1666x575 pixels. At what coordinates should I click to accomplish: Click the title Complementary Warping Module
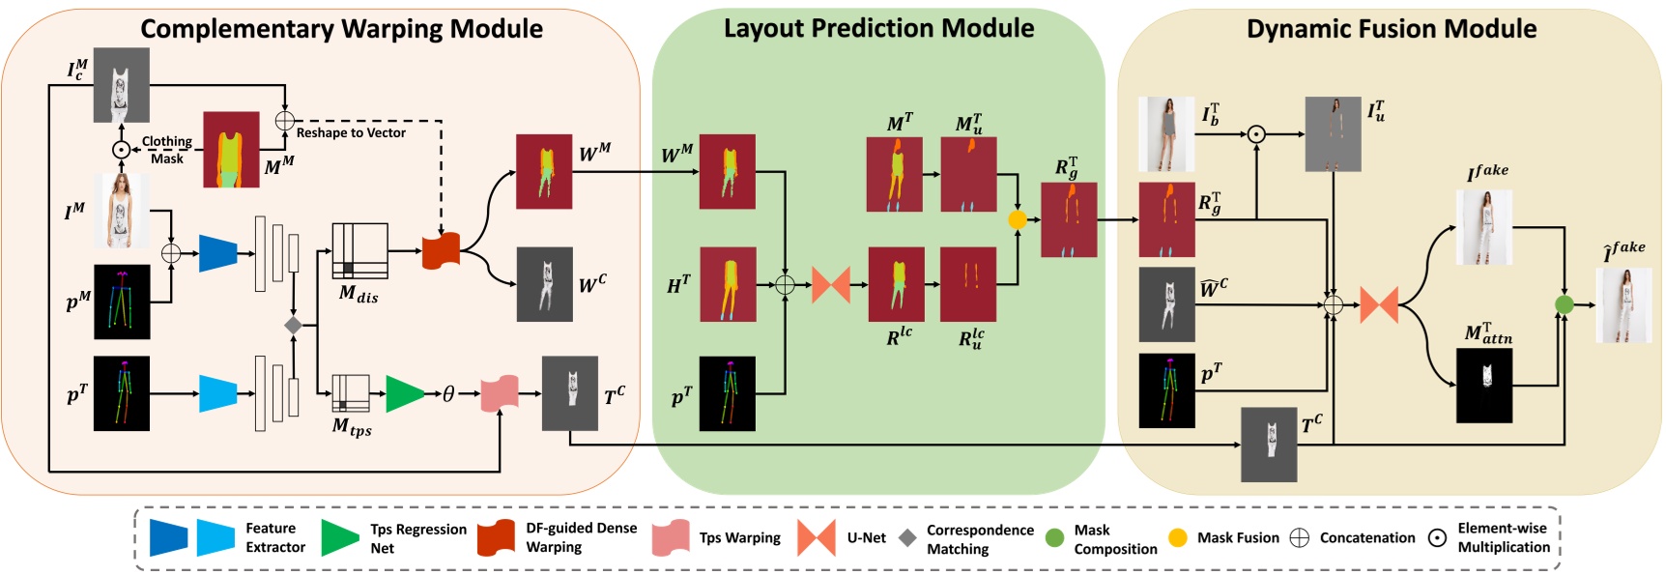tap(341, 29)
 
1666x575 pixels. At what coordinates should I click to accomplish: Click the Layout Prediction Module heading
tap(878, 29)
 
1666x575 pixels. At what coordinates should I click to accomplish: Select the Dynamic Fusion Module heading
tap(1391, 29)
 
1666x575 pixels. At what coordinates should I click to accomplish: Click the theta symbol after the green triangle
tap(448, 394)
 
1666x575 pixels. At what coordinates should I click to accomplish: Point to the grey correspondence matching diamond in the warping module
tap(293, 326)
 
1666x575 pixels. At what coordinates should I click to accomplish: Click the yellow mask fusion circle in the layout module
tap(1017, 220)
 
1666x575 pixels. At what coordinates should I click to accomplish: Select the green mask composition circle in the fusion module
tap(1564, 305)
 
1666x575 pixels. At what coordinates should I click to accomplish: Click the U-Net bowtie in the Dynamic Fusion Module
tap(1379, 305)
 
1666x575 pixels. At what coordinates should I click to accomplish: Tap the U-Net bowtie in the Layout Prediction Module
tap(830, 284)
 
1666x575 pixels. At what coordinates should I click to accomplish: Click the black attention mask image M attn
tap(1483, 386)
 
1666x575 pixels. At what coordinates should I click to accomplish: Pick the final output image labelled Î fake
tap(1623, 305)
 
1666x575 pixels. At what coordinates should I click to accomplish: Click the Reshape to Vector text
tap(351, 133)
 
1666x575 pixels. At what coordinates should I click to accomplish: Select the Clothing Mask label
tap(166, 150)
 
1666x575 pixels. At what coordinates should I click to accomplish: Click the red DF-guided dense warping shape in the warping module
tap(441, 251)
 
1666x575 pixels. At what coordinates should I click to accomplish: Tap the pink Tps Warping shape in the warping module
tap(500, 393)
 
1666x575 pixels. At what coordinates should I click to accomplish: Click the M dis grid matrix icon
tap(359, 251)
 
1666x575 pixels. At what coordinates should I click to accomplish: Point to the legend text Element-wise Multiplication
tap(1503, 537)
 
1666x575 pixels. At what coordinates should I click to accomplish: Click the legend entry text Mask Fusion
tap(1238, 538)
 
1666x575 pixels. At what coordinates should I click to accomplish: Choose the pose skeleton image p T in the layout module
tap(727, 393)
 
